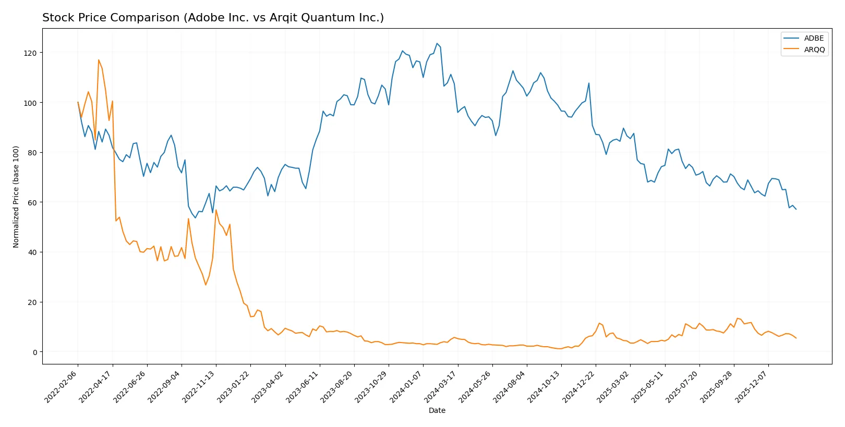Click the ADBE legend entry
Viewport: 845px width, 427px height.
coord(813,38)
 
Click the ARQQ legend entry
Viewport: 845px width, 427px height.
coord(814,50)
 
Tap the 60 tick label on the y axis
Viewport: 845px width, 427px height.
coord(32,202)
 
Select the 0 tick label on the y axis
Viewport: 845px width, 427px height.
coord(34,352)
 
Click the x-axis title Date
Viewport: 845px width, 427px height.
coord(437,410)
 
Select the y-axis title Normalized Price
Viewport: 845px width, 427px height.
coord(16,197)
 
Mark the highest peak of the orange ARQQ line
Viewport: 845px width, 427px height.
coord(99,60)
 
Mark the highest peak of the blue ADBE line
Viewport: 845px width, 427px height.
coord(437,44)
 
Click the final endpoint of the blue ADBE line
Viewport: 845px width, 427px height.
coord(796,209)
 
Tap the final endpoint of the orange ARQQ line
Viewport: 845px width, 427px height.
coord(796,338)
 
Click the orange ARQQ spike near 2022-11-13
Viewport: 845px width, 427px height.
coord(216,210)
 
